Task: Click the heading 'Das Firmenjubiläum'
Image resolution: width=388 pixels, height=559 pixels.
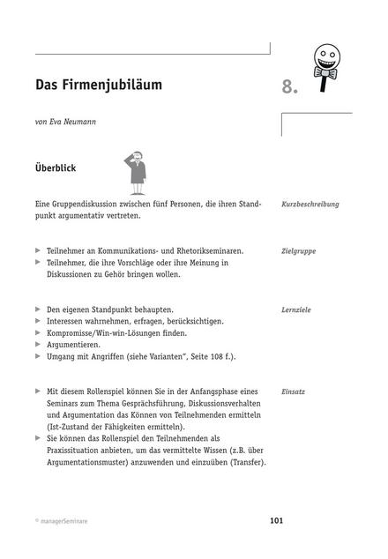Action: (99, 86)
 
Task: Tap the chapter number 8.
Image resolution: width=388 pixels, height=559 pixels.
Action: (290, 87)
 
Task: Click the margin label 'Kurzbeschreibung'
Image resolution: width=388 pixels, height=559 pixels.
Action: (310, 204)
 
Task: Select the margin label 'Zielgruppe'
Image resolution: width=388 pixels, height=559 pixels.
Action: (298, 251)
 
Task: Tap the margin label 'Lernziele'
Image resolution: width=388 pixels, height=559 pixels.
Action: (295, 310)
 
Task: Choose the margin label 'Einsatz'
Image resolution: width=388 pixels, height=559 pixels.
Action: (293, 391)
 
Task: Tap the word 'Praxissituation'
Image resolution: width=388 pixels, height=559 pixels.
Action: (78, 451)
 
